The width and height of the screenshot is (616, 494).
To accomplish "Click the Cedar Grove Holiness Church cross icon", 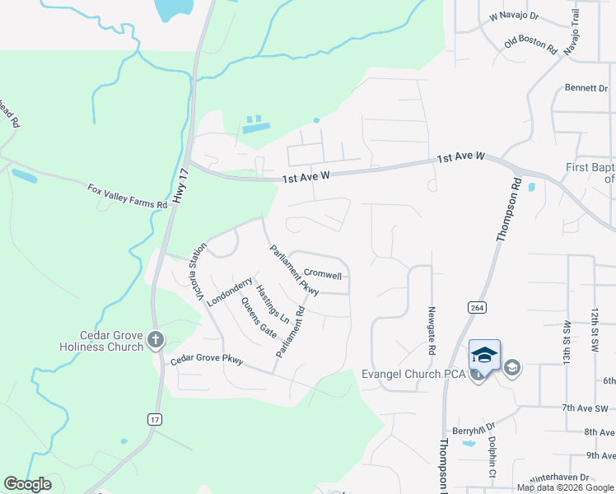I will pyautogui.click(x=156, y=339).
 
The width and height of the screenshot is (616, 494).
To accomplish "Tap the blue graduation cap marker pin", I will pyautogui.click(x=484, y=357).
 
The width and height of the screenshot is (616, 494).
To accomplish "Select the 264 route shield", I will pyautogui.click(x=475, y=307).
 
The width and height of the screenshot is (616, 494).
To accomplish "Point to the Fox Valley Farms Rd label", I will pyautogui.click(x=128, y=195).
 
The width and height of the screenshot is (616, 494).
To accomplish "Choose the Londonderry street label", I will pyautogui.click(x=229, y=292).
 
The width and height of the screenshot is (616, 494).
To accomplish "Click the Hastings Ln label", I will pyautogui.click(x=273, y=304).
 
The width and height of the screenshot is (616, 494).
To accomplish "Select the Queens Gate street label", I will pyautogui.click(x=258, y=317).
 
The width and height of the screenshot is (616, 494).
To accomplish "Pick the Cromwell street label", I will pyautogui.click(x=322, y=273).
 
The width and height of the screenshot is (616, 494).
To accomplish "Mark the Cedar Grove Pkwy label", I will pyautogui.click(x=207, y=361).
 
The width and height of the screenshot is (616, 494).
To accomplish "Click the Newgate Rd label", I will pyautogui.click(x=431, y=331).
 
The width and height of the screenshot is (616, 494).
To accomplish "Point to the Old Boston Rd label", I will pyautogui.click(x=530, y=44).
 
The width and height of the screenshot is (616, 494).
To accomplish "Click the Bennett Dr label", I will pyautogui.click(x=586, y=87).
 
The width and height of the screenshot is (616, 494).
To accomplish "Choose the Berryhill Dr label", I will pyautogui.click(x=472, y=429).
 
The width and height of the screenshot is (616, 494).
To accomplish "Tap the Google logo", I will pyautogui.click(x=27, y=484).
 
